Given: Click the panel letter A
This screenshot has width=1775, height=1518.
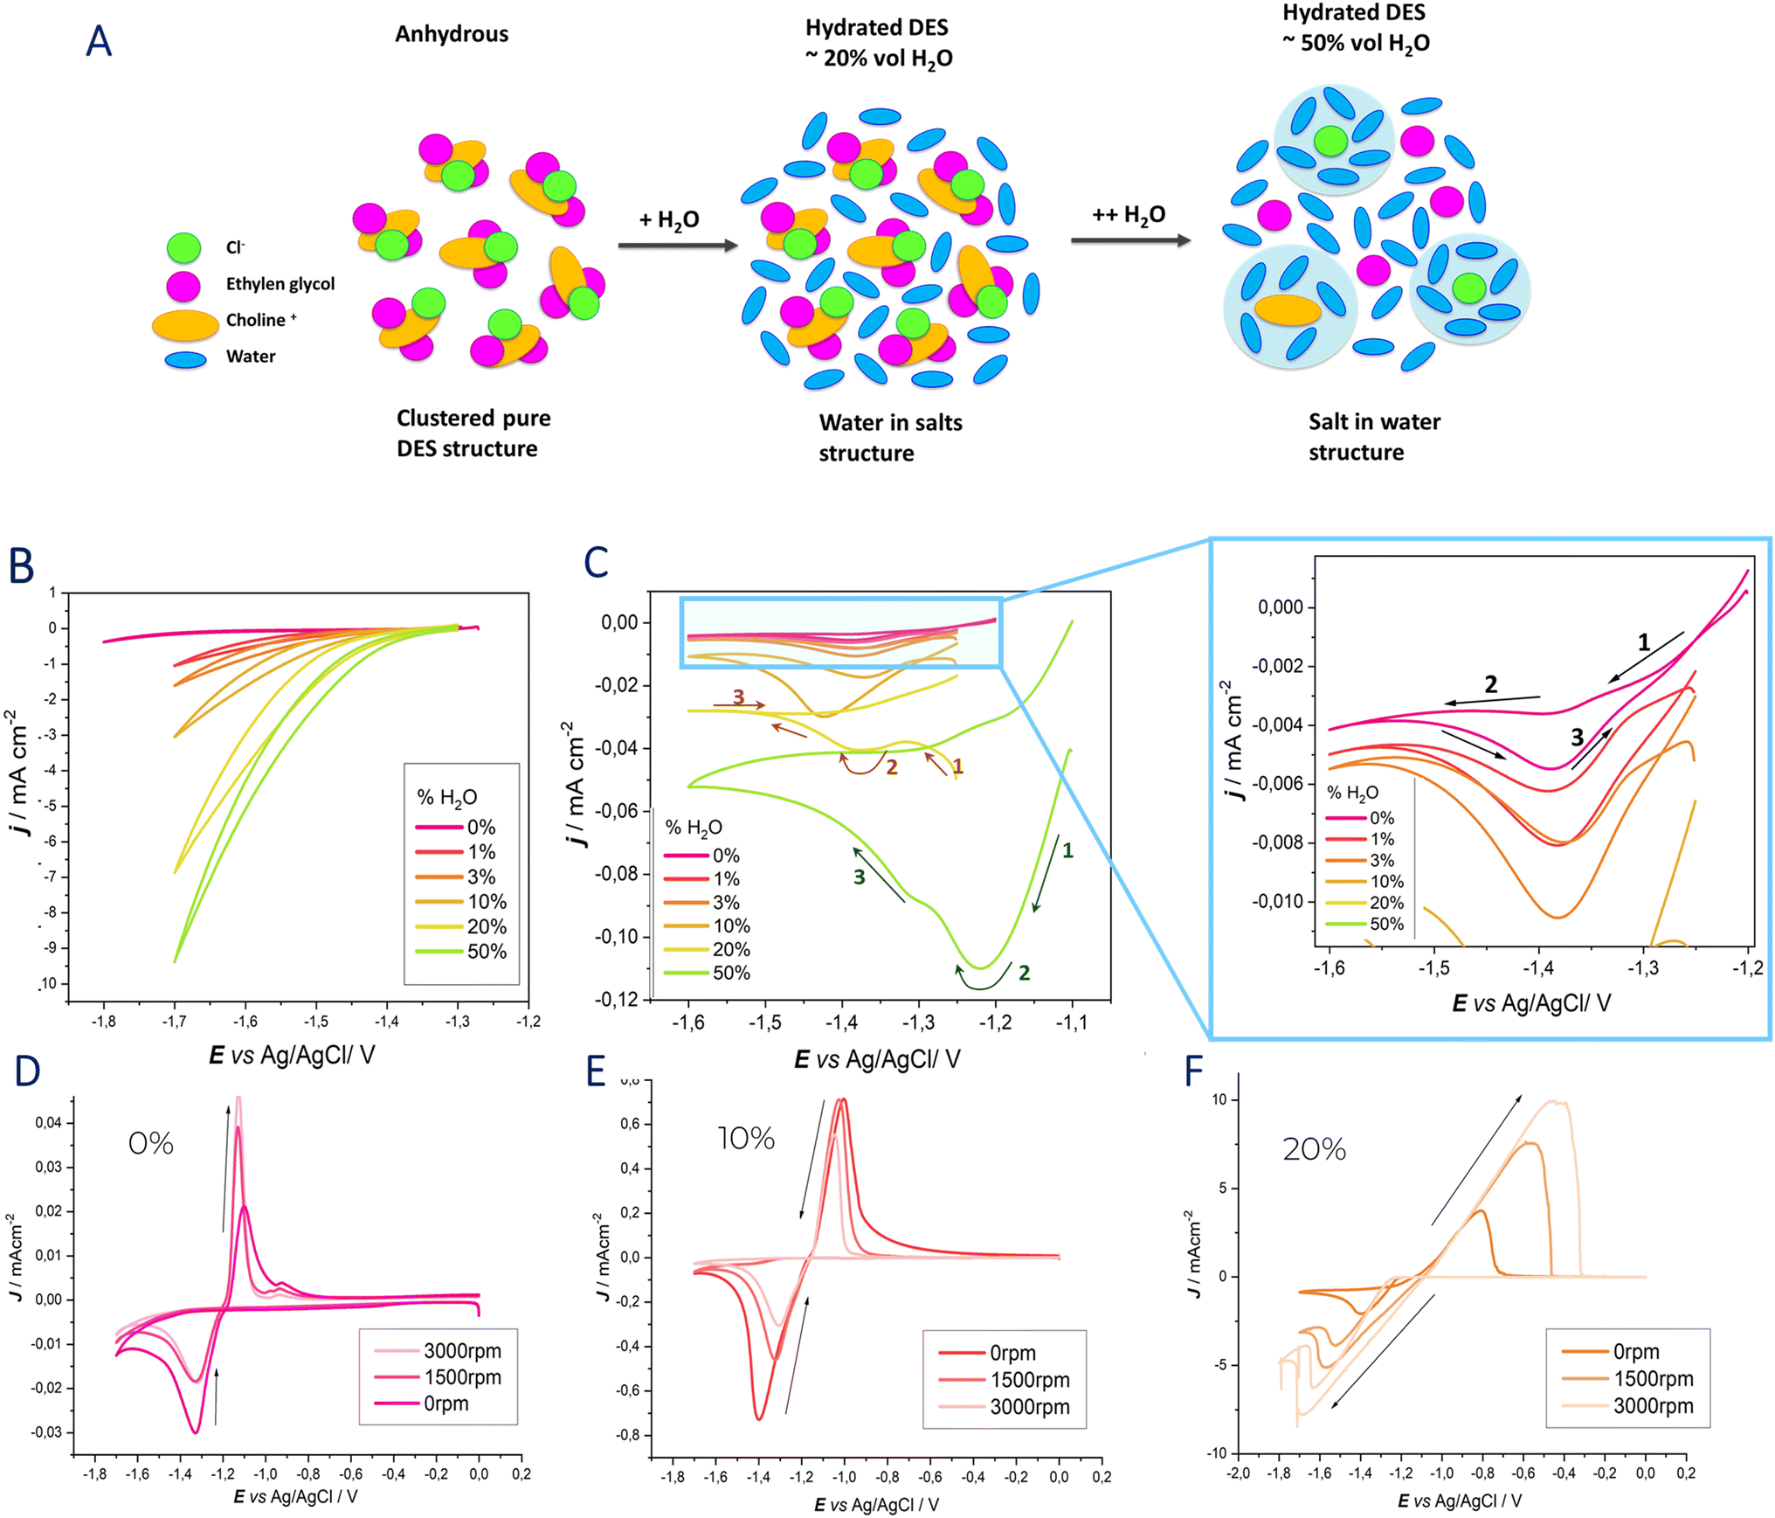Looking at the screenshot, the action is coord(99,41).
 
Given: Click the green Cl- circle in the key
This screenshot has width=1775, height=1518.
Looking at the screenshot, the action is coord(183,248).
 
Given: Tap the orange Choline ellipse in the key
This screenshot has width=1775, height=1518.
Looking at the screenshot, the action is coord(185,325).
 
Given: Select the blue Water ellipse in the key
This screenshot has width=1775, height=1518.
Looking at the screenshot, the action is coord(185,359).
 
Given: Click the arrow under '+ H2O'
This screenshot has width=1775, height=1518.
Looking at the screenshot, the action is coord(678,246).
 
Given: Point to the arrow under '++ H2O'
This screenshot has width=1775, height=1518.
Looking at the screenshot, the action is coord(1131,240).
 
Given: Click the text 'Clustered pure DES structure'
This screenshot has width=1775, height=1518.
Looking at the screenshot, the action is coord(473,433).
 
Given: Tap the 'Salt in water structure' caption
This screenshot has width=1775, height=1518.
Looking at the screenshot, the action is coord(1374,437).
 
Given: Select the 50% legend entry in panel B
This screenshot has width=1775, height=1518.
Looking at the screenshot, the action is coord(461,952).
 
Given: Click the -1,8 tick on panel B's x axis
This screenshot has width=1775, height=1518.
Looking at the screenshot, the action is coord(103,1021).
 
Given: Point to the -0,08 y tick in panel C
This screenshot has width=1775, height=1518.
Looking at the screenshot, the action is coord(617,874).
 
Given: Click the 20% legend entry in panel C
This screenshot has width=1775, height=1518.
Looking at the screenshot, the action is coord(707,949).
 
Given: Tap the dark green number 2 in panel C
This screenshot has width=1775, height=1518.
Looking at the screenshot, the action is coord(1024,973).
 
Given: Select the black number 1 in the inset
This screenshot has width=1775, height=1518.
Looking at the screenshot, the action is coord(1643,643).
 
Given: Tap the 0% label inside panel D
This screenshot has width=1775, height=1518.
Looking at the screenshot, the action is coord(151,1143).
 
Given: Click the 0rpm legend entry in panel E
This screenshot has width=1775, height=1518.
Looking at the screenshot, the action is coord(987,1353).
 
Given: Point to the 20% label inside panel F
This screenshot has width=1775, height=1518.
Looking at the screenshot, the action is coord(1314,1148).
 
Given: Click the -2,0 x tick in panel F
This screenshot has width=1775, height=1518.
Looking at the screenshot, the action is coord(1238,1473).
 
